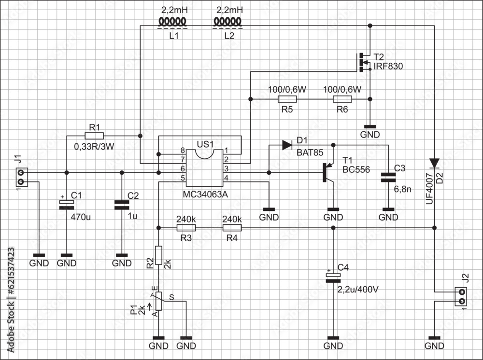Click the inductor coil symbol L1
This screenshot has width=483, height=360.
[x=173, y=22]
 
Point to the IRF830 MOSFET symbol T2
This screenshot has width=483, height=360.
[x=364, y=62]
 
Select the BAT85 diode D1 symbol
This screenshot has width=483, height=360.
[x=287, y=144]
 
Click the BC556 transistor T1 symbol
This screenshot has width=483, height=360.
[x=328, y=172]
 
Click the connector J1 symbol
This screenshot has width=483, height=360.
[x=21, y=177]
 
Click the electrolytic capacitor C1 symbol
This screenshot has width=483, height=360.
[x=64, y=204]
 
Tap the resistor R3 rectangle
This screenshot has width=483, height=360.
[x=186, y=227]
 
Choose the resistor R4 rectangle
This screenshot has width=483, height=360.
[x=232, y=227]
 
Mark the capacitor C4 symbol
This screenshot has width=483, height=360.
[x=332, y=277]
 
